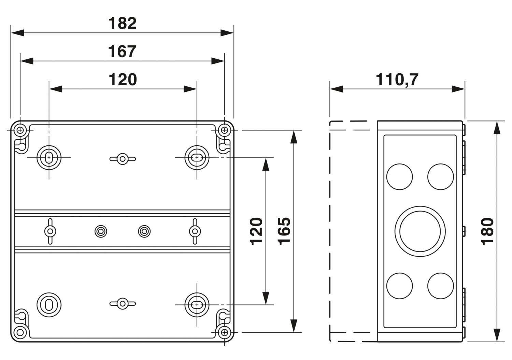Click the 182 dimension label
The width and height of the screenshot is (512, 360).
point(123,23)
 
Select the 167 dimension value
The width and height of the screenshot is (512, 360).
point(122,52)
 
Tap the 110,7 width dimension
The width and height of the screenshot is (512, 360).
point(397,80)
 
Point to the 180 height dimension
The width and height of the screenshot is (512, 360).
point(487,232)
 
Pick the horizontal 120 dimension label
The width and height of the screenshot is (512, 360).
point(123,80)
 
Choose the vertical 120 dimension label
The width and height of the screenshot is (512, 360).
point(256,232)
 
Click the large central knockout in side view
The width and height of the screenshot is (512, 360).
point(420,231)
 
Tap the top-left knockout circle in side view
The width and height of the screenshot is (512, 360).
point(400,177)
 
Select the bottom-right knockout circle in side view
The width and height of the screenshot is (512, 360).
point(440,286)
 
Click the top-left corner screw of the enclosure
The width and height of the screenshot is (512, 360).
point(20,130)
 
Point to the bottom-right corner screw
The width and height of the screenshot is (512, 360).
point(225,332)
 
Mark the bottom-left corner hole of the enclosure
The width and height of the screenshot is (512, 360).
point(20,332)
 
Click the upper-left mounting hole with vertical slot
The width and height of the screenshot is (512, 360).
point(49,158)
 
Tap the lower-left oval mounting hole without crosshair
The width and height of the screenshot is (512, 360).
point(49,305)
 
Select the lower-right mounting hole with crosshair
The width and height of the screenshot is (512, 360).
point(197,305)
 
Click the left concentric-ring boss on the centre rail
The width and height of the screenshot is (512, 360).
point(101,232)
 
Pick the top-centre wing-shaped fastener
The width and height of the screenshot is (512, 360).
point(123,159)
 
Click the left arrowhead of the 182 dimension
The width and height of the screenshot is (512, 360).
point(17,33)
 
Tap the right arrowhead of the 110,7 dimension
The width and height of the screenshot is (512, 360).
point(458,89)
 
